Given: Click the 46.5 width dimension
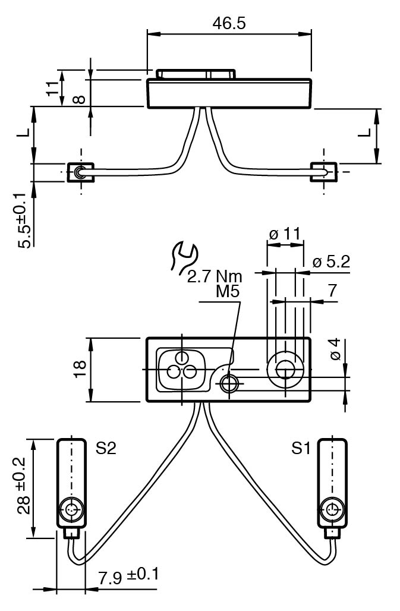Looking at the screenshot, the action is click(x=229, y=23).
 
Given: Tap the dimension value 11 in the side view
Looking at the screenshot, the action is click(x=52, y=88).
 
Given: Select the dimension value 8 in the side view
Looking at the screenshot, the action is click(x=80, y=99).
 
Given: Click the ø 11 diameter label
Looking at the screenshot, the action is click(x=285, y=234).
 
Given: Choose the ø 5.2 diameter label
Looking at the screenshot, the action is click(x=331, y=262).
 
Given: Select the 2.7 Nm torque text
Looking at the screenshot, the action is click(x=215, y=276).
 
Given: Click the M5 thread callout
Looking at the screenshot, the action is click(x=228, y=291).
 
